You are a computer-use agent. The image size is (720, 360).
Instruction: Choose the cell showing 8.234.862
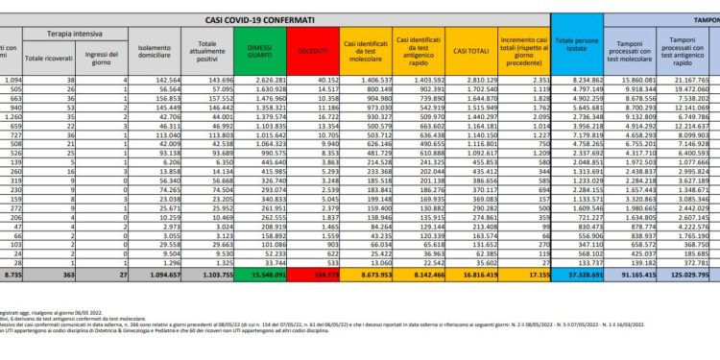coord(583,82)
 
